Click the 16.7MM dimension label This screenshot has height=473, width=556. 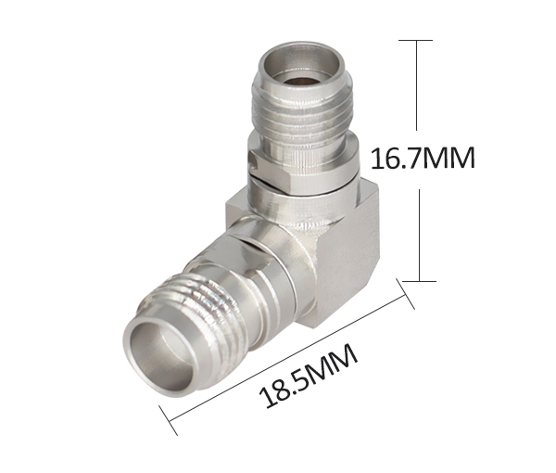pyautogui.click(x=423, y=159)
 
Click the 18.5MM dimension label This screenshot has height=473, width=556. pyautogui.click(x=309, y=376)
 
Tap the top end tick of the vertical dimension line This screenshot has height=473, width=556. pyautogui.click(x=415, y=40)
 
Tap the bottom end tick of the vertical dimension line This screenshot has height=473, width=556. pyautogui.click(x=419, y=281)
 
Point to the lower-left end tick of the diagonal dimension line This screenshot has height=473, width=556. pyautogui.click(x=168, y=420)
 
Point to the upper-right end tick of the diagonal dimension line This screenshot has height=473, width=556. pyautogui.click(x=405, y=294)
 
